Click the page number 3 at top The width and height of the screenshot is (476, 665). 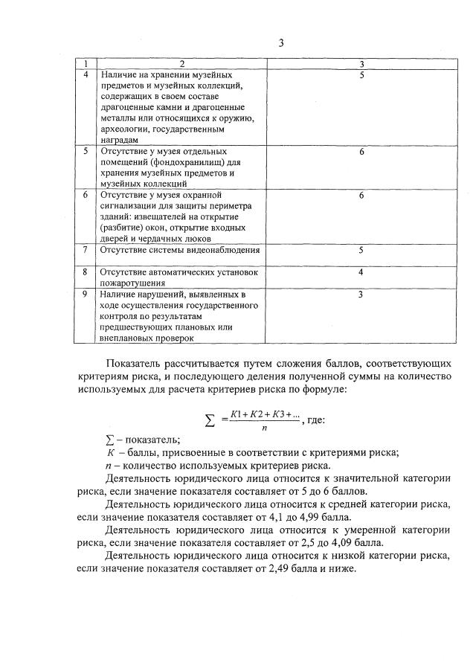(x=282, y=42)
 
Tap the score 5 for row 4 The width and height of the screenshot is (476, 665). (x=361, y=75)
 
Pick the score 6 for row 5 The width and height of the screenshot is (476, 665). (x=361, y=151)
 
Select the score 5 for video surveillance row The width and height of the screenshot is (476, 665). (x=361, y=250)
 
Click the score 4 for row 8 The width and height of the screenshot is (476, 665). (x=361, y=272)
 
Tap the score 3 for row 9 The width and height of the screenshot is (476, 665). (x=361, y=295)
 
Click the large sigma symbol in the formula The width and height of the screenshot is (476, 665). (x=210, y=420)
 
